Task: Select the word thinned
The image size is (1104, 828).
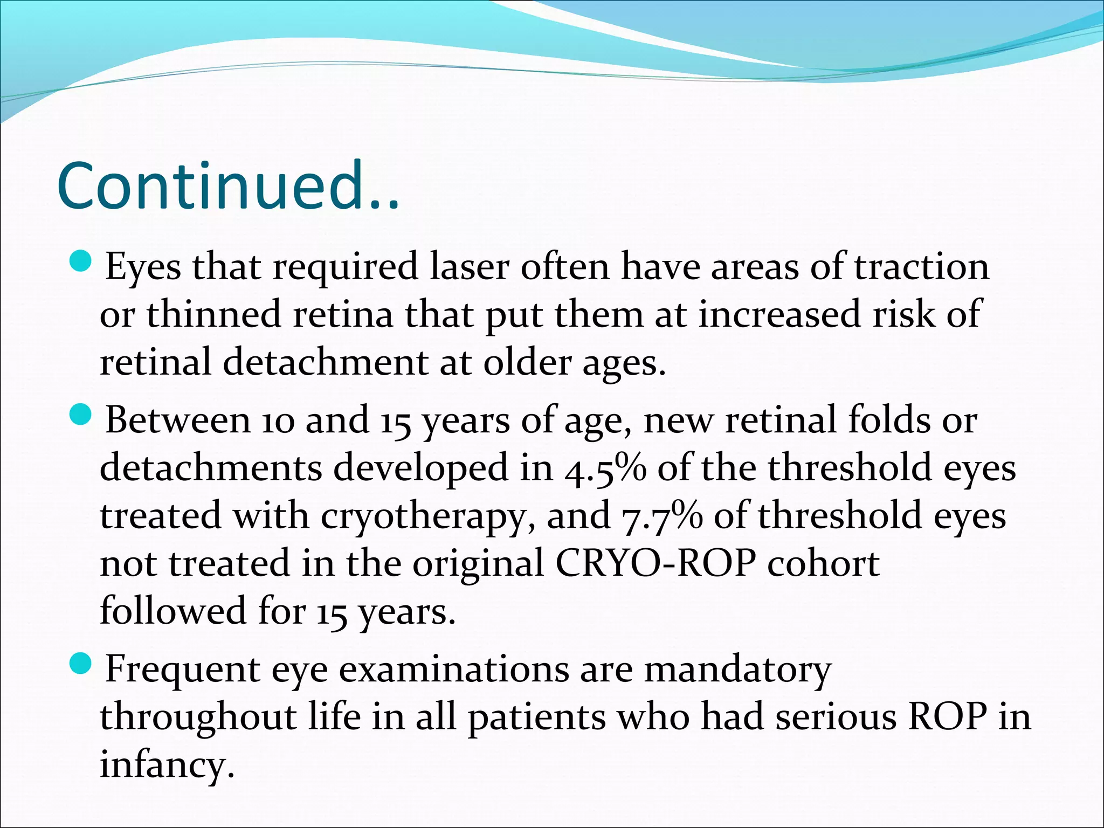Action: click(x=213, y=314)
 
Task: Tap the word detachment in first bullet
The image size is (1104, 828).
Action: click(x=325, y=362)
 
